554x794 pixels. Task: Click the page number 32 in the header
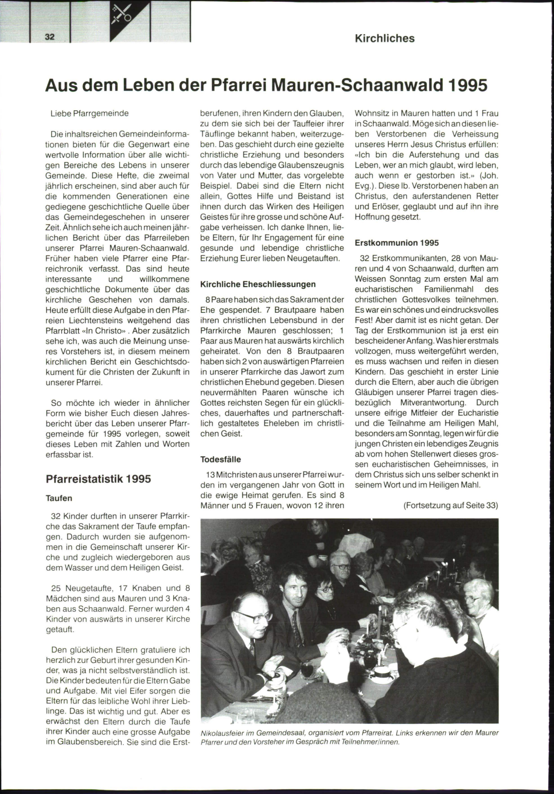coord(49,37)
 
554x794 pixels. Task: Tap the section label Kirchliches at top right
coord(385,38)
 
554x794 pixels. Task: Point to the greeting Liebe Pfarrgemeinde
coord(90,113)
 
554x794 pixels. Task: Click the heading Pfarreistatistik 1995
coord(98,479)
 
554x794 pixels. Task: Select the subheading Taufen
coord(59,498)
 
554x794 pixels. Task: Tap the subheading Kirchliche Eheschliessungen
coord(258,284)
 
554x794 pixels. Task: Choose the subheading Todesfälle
coord(221,459)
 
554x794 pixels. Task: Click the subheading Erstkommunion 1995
coord(397,243)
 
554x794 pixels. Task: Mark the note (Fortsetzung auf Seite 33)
coord(451,505)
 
